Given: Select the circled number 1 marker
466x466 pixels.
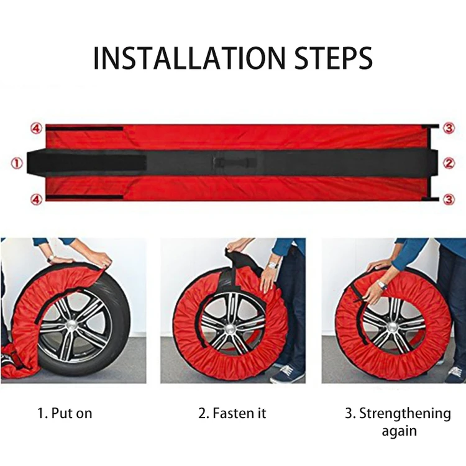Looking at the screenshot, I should coord(17,163).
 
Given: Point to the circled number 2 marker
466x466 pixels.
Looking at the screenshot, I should coord(450,163).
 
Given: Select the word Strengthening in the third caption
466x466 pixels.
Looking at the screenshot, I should coord(404,413).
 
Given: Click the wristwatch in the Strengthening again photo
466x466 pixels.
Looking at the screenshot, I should coord(381,284).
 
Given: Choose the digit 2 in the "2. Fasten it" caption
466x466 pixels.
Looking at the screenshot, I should coord(201,413).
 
